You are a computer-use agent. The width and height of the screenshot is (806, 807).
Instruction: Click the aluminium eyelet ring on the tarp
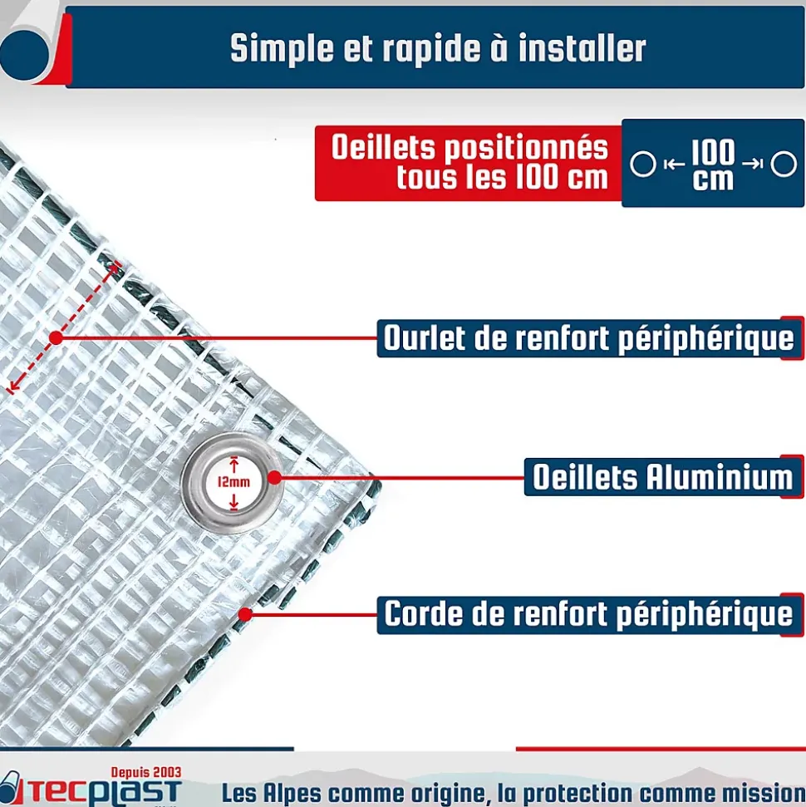[233, 482]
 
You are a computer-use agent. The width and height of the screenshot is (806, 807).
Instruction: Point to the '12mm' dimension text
[233, 482]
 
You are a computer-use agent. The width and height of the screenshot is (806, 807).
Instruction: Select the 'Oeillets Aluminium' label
[662, 477]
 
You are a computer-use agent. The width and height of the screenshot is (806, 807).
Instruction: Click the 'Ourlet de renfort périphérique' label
[588, 338]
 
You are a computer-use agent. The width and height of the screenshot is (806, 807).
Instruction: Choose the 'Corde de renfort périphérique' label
[588, 614]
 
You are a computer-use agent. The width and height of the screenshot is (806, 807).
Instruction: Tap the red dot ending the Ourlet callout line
[57, 338]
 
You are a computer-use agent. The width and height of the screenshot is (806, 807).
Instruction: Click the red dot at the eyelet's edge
[275, 478]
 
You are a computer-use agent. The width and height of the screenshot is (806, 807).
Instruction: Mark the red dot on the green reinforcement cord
[245, 614]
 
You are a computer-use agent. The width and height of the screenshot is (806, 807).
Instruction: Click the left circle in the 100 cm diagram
[643, 165]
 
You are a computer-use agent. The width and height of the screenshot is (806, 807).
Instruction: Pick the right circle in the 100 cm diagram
[784, 165]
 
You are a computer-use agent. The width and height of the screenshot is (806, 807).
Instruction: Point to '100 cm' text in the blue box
[713, 165]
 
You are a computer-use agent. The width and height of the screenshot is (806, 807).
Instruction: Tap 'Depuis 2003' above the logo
[146, 773]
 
